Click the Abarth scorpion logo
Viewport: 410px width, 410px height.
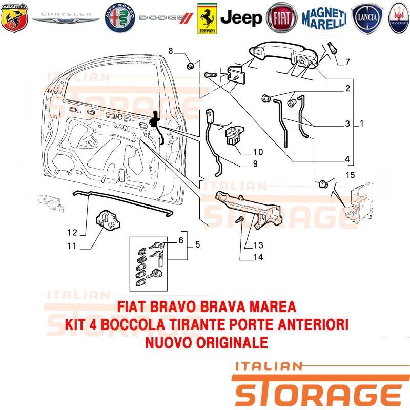(14, 17)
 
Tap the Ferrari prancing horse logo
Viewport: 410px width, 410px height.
(207, 18)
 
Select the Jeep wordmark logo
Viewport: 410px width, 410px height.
(241, 18)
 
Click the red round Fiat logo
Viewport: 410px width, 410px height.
(281, 18)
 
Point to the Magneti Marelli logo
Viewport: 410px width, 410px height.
(324, 18)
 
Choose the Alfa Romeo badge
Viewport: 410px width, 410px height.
(120, 18)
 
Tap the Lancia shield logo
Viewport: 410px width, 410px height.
(367, 18)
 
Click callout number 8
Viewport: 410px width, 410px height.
(171, 51)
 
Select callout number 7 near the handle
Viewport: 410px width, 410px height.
(347, 62)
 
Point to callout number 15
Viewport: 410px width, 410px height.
(351, 175)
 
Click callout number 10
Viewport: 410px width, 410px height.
(258, 152)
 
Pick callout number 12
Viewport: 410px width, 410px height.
(72, 233)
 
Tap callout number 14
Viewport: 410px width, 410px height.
(258, 257)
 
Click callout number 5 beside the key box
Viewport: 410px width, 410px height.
(198, 244)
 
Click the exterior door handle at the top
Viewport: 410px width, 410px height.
(283, 56)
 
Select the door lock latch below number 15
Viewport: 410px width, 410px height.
(359, 203)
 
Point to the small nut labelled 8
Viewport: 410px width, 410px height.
(190, 66)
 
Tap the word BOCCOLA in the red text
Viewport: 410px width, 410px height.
(133, 324)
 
